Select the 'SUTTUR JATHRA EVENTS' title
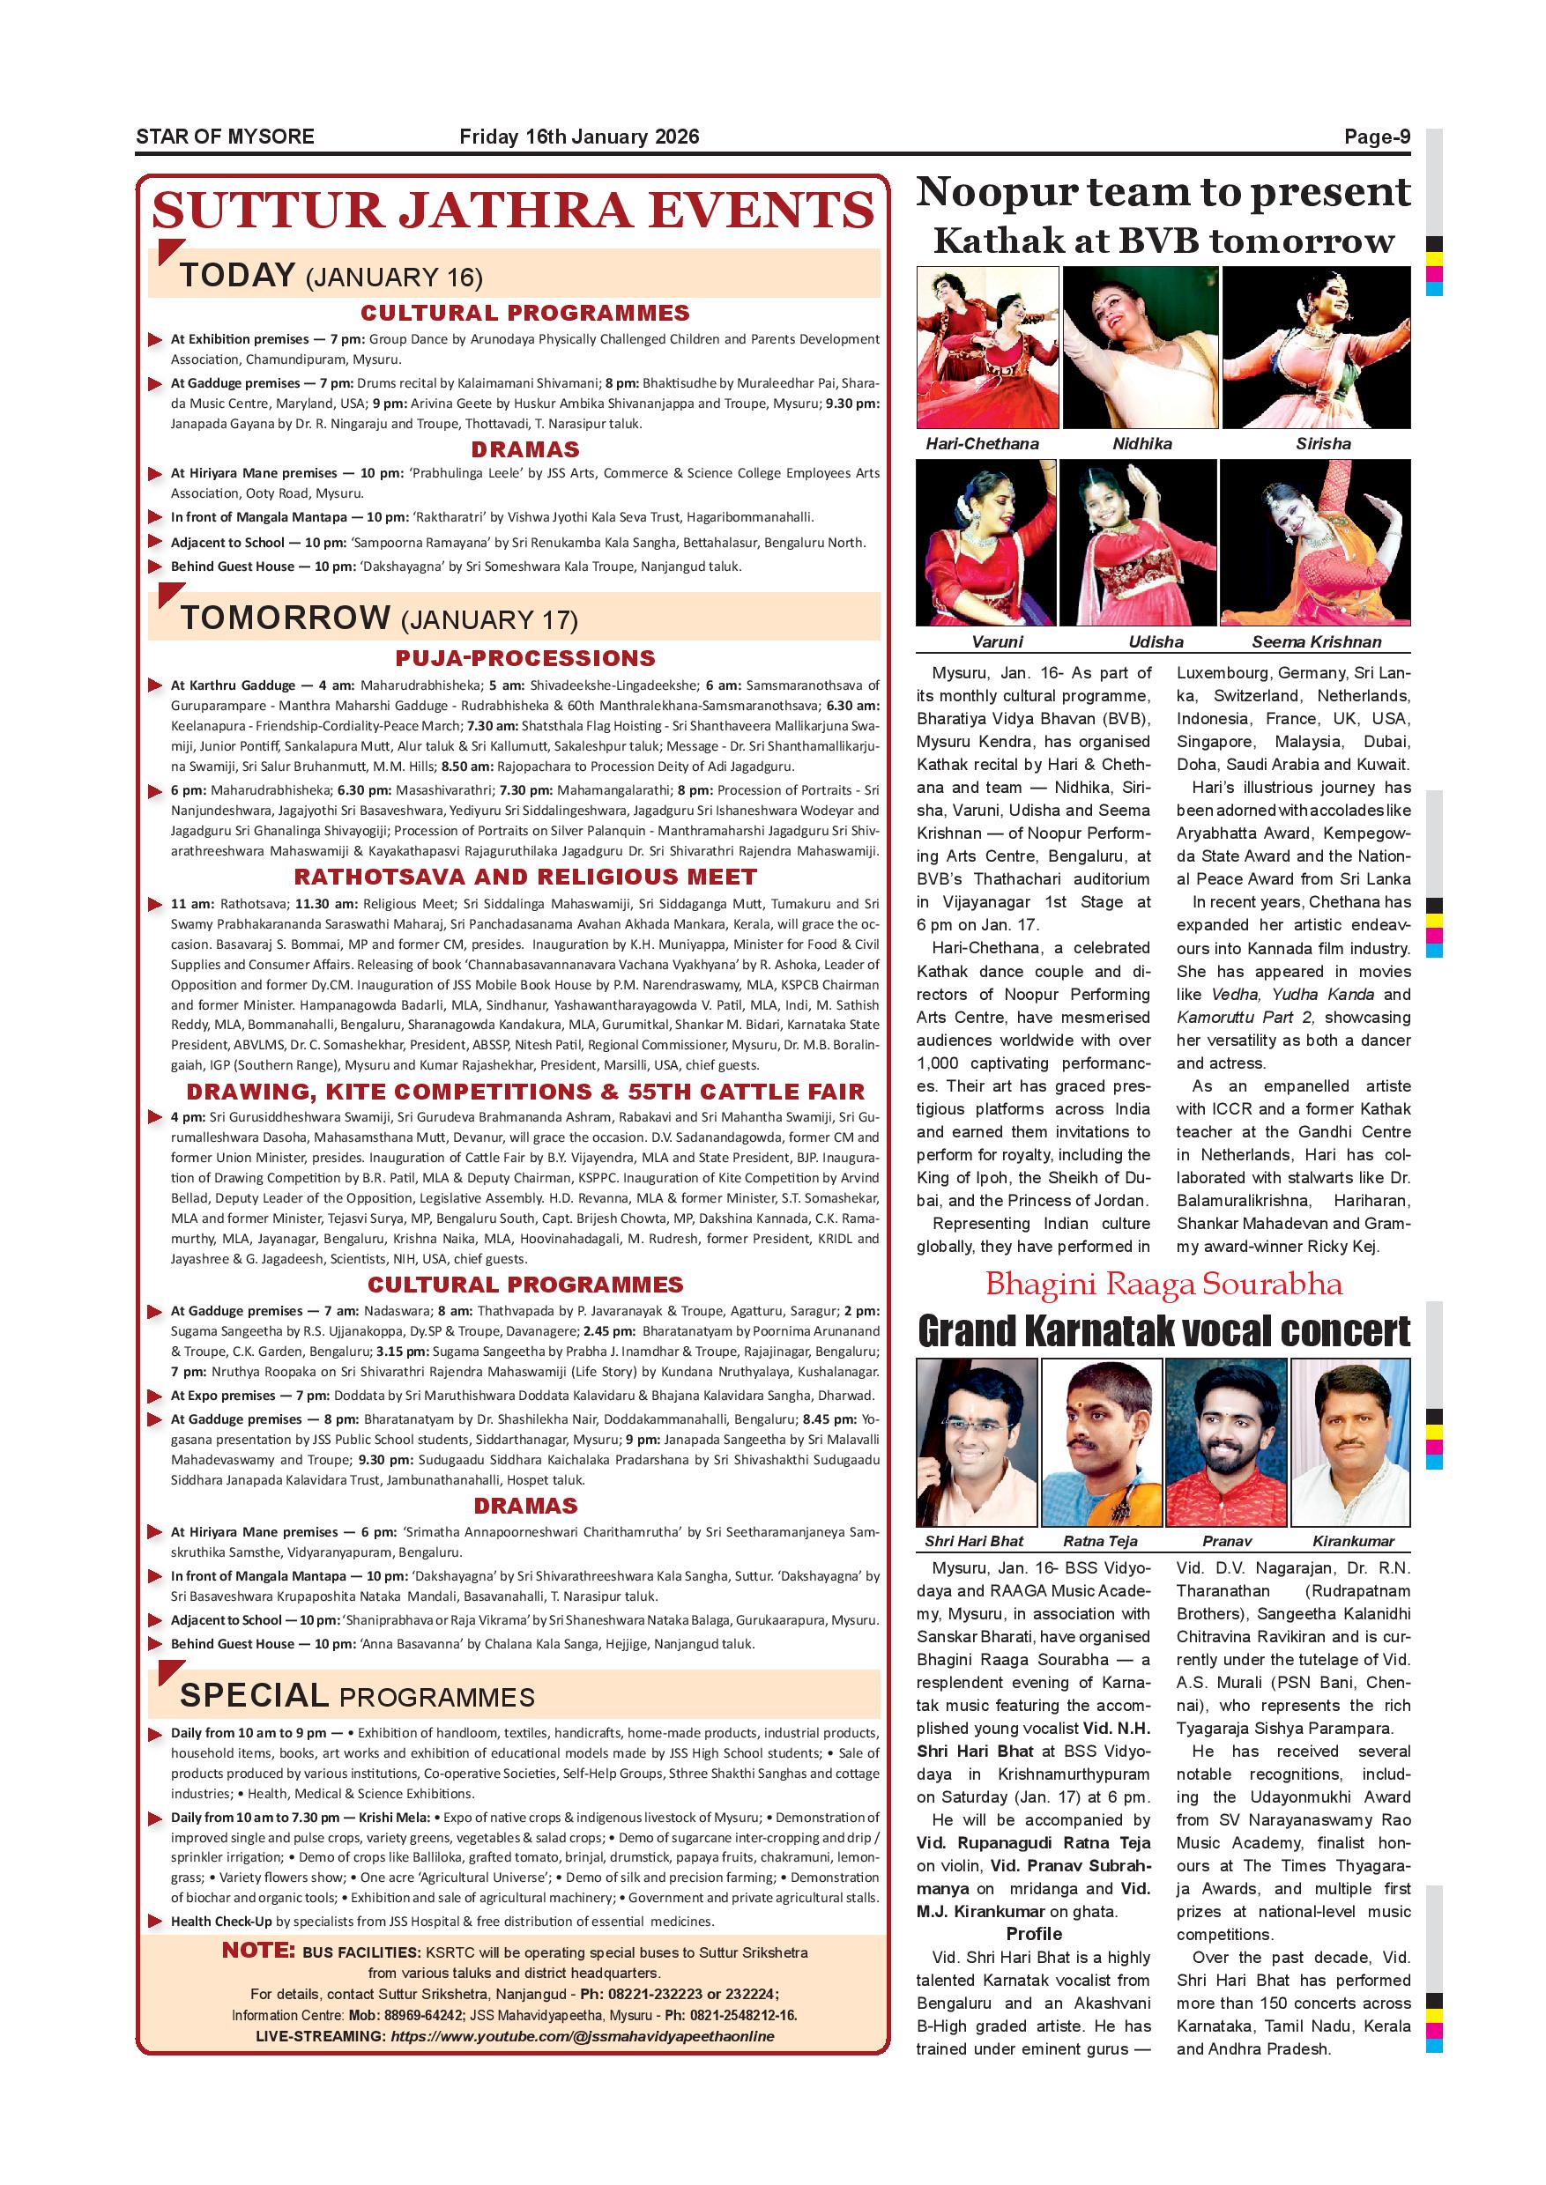point(513,211)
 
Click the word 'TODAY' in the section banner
point(237,275)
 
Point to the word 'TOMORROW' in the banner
point(285,618)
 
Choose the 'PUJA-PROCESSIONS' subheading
point(525,658)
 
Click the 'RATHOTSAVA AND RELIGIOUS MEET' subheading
point(525,877)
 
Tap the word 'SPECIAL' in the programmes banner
point(253,1695)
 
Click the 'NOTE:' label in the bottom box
point(259,1950)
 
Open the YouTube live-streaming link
point(582,2035)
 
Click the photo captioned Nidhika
point(1141,347)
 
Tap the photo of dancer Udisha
point(1139,542)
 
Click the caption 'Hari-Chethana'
point(983,443)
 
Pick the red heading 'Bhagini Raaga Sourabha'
point(1163,1284)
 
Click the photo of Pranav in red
point(1224,1441)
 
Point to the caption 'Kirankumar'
point(1353,1541)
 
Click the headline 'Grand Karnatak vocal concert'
point(1163,1331)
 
